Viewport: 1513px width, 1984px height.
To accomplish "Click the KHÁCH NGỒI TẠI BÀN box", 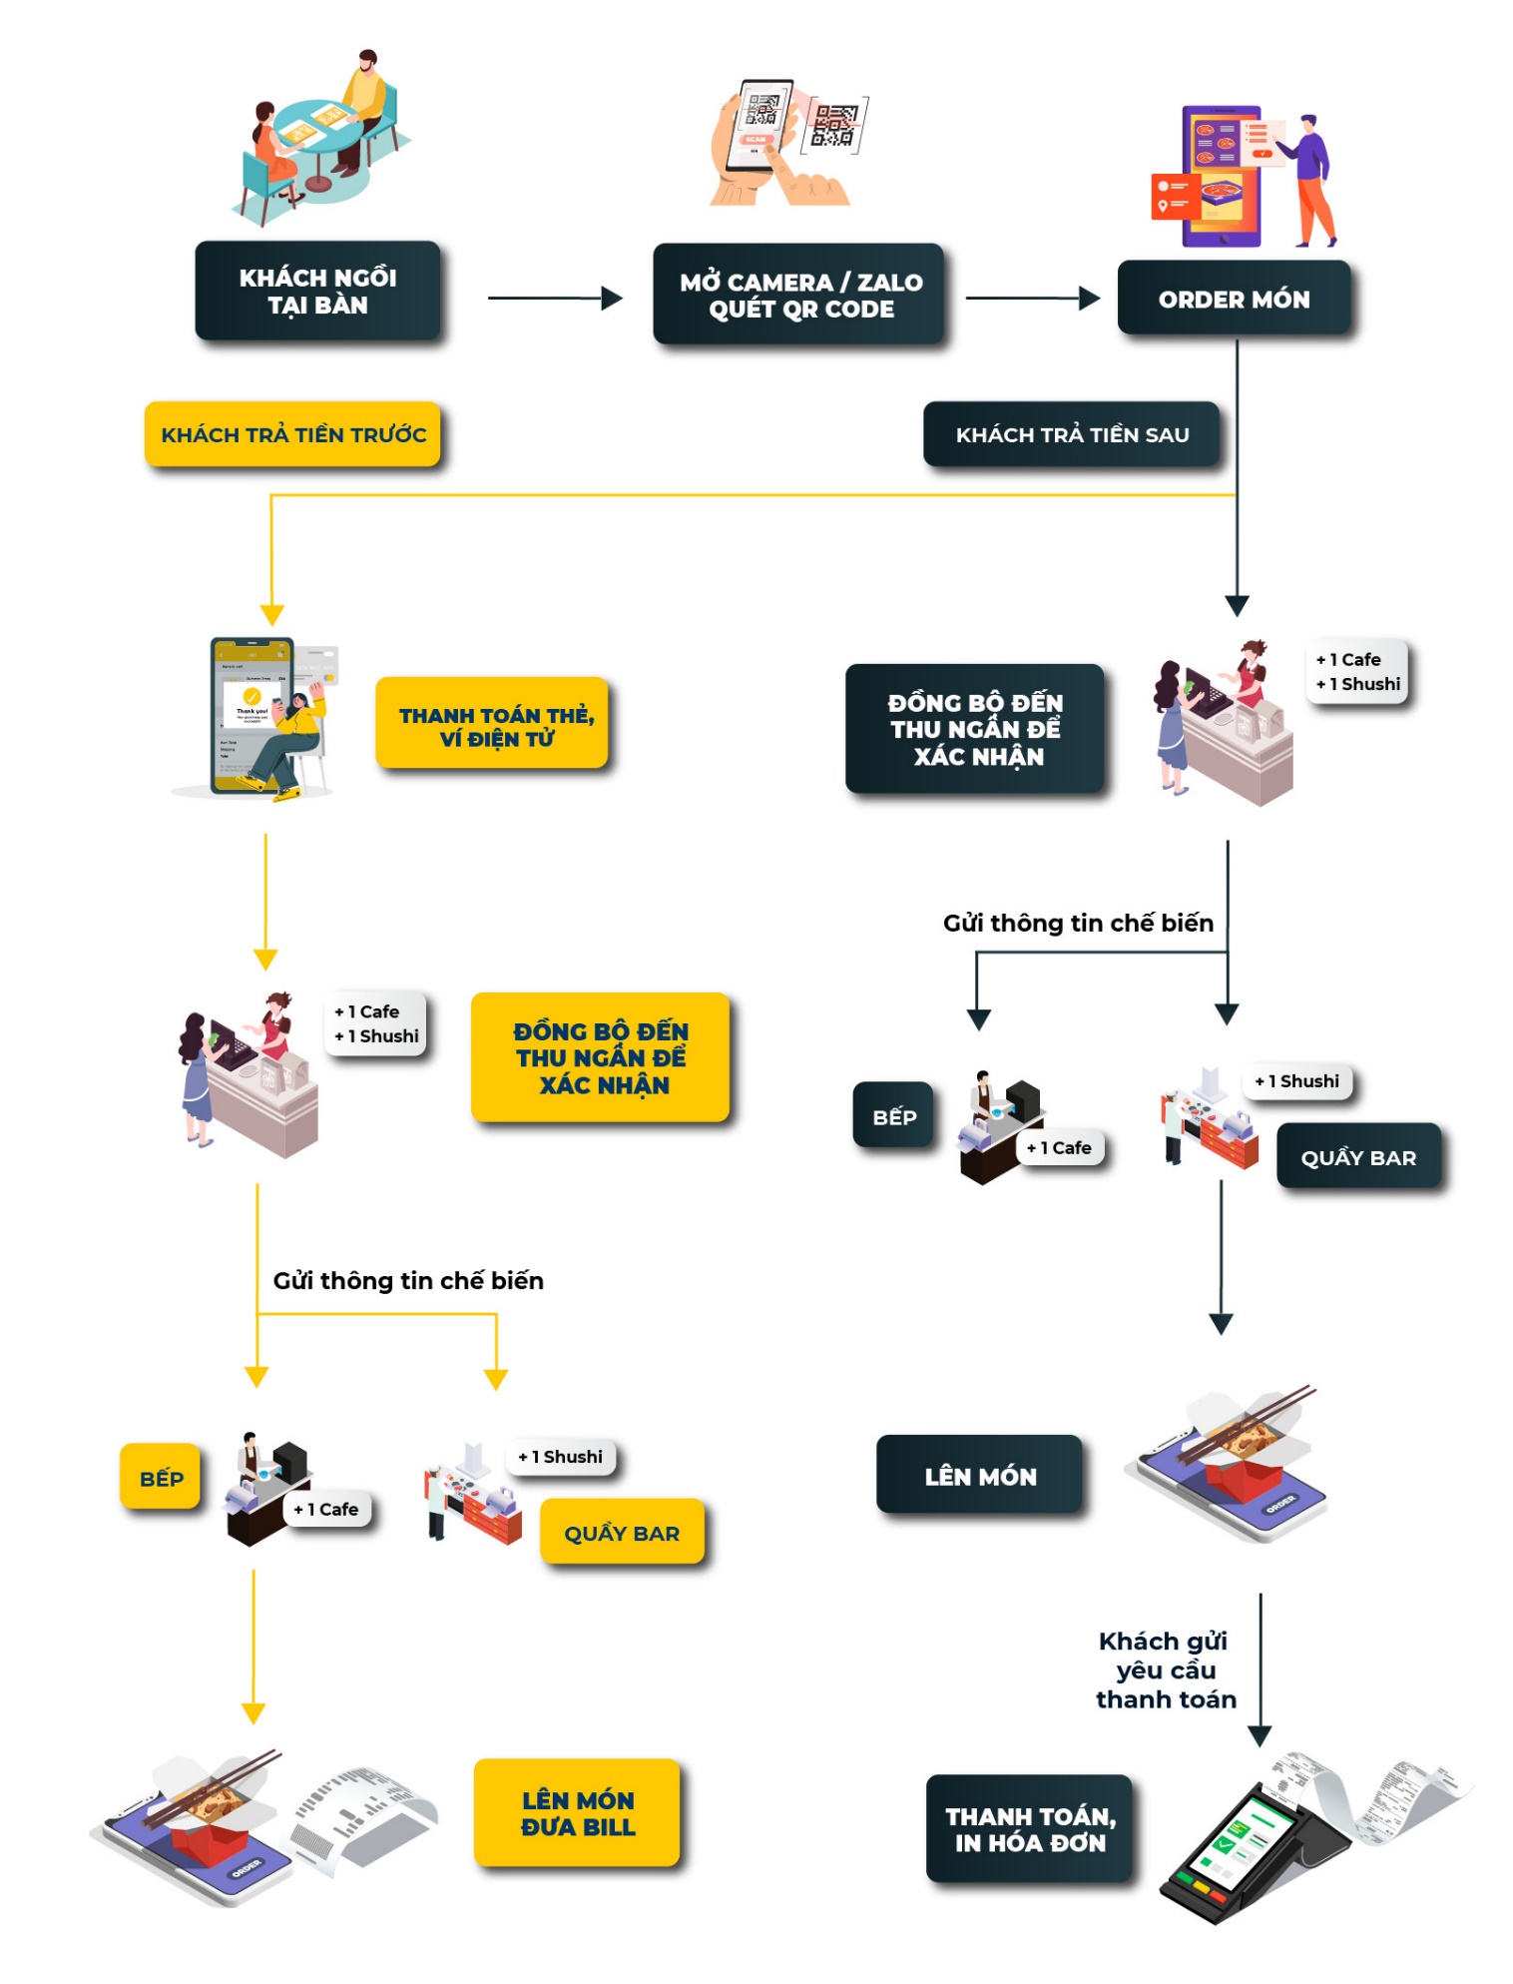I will tap(317, 292).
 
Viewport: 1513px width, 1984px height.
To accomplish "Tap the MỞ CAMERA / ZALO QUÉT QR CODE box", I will tap(799, 296).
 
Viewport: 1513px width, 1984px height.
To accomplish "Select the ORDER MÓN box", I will tap(1234, 299).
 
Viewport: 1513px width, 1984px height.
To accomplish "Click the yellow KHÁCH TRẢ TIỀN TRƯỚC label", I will tap(292, 434).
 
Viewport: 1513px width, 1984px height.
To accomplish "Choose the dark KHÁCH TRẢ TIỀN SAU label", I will tap(1071, 434).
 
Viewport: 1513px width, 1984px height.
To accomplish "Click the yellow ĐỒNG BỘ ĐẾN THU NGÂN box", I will tap(601, 1057).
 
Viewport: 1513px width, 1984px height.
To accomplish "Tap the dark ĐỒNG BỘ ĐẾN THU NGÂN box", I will tap(975, 729).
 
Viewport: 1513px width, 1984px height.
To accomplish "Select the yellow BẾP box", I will tap(161, 1478).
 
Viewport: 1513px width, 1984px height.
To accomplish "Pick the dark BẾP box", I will tap(893, 1116).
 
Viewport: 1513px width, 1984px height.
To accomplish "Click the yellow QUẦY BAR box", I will tap(622, 1533).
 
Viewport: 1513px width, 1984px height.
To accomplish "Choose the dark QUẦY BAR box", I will tap(1357, 1157).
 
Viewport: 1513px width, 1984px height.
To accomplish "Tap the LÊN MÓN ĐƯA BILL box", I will tap(577, 1813).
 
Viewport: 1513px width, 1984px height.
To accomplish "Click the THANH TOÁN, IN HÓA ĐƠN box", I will tap(1030, 1829).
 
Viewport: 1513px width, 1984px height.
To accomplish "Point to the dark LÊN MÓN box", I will tap(979, 1476).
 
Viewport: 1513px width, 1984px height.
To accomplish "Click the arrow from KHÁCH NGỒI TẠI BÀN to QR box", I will tap(554, 298).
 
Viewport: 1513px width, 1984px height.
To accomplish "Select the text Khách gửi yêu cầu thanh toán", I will tap(1165, 1669).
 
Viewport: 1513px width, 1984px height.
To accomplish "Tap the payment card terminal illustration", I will tap(1253, 1847).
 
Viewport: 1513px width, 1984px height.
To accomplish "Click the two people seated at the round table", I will tap(319, 135).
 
